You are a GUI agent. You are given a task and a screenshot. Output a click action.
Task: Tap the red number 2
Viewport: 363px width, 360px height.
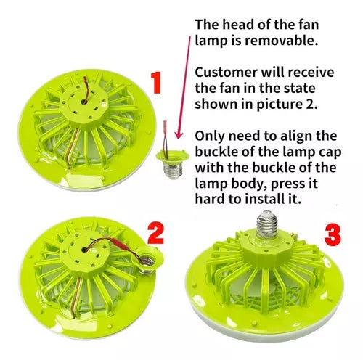tap(156, 233)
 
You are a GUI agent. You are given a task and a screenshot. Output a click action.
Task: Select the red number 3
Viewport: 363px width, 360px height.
tap(333, 234)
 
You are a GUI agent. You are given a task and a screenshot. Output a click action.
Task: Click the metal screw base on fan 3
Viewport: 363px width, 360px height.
tap(266, 224)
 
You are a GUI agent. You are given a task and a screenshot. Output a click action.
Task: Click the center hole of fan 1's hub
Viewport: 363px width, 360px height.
tap(84, 102)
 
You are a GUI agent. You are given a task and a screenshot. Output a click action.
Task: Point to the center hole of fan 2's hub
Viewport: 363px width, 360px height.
tap(84, 250)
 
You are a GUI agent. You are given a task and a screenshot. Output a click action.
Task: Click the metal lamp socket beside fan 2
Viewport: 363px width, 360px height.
tap(147, 266)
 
